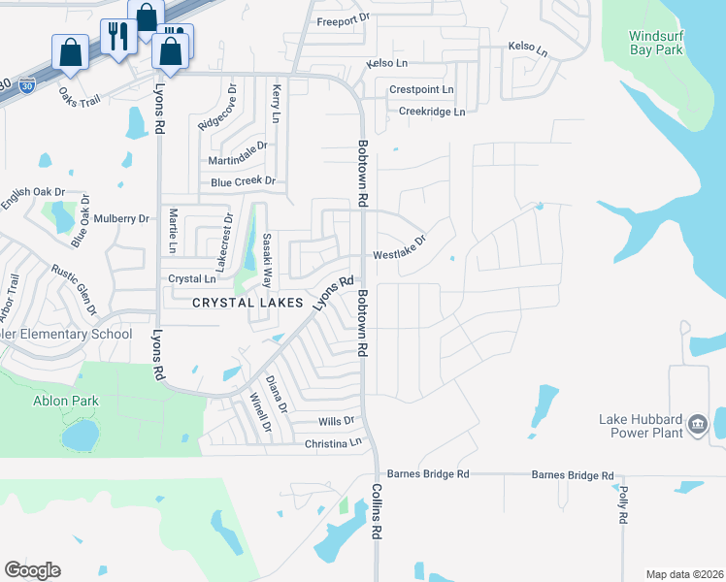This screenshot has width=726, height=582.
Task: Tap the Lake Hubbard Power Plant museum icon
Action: (x=698, y=424)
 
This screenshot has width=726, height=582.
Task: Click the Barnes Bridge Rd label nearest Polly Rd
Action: (x=573, y=476)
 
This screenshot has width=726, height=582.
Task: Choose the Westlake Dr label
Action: (x=400, y=248)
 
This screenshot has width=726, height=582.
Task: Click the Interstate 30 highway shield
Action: (x=30, y=85)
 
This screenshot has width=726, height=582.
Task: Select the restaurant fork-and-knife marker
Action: (x=118, y=37)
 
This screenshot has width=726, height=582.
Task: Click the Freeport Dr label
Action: (x=344, y=19)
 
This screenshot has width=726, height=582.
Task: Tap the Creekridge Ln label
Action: (x=432, y=112)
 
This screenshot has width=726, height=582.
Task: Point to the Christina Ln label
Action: (x=333, y=442)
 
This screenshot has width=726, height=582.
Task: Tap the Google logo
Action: (x=32, y=570)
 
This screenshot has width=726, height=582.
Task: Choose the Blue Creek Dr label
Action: (x=243, y=181)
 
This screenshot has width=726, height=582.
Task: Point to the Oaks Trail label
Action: (x=80, y=97)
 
